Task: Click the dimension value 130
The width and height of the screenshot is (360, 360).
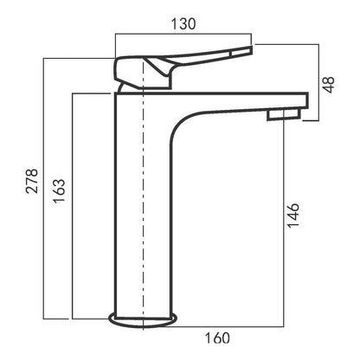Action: click(183, 24)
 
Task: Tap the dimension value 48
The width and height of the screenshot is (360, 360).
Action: click(329, 85)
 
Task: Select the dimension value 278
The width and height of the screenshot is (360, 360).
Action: click(32, 181)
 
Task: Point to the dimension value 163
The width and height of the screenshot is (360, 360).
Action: click(59, 191)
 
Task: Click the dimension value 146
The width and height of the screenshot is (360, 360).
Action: click(293, 215)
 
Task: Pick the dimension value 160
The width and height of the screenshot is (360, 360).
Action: click(217, 338)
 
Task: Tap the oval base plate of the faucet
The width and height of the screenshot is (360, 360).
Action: click(143, 320)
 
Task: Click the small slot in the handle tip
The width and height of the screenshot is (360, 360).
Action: click(241, 53)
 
